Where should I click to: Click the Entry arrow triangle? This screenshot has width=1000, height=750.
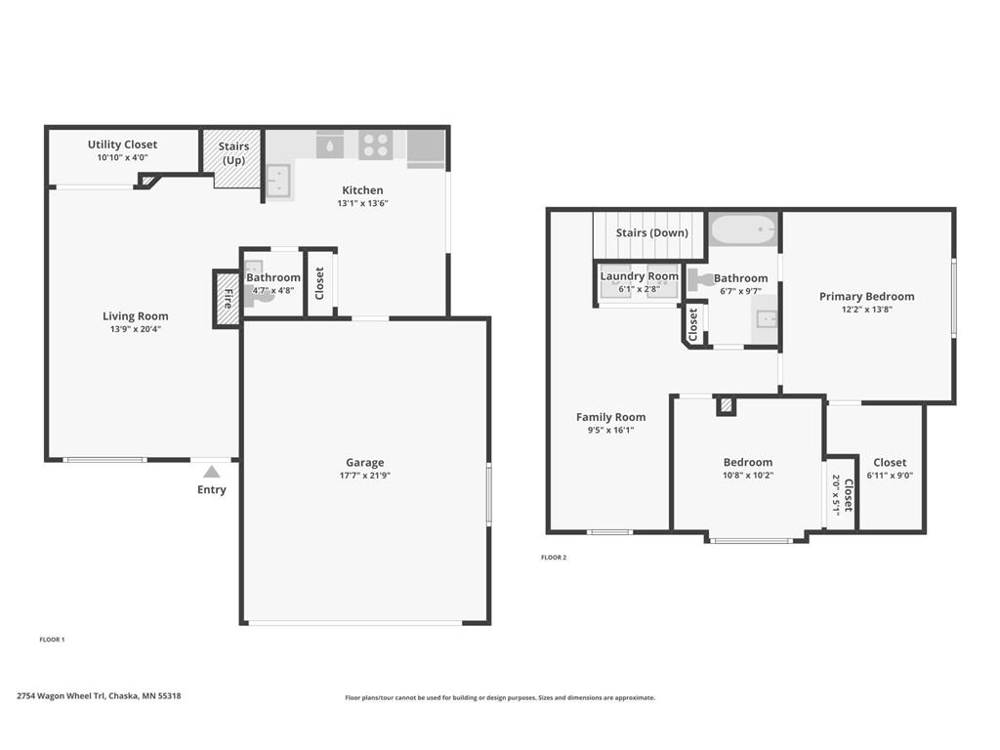212,472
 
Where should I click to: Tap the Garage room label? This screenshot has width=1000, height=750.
365,462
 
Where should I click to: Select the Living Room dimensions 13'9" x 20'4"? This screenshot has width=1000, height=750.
135,329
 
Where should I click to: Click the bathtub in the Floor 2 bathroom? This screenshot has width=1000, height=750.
743,229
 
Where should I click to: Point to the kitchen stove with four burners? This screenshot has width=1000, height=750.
375,146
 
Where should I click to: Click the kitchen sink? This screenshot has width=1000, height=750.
278,181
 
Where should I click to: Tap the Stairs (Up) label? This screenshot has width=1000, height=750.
233,153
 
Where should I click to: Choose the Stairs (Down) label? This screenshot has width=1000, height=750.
651,232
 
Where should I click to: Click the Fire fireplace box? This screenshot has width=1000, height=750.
227,299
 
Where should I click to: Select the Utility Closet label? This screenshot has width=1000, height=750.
122,145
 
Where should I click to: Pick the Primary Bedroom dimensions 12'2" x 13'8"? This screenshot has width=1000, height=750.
867,310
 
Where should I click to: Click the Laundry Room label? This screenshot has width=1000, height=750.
639,276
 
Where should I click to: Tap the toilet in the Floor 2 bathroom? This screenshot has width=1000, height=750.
698,279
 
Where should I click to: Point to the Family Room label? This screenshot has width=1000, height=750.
611,417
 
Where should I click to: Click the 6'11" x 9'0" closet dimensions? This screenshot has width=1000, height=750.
890,476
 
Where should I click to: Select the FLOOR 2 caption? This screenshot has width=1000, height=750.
554,558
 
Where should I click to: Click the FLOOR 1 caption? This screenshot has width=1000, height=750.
53,640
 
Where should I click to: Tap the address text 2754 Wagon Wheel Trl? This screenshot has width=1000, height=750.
61,695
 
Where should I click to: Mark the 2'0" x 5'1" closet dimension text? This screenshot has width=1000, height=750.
836,494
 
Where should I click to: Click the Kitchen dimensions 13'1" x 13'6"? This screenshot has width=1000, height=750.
363,203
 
